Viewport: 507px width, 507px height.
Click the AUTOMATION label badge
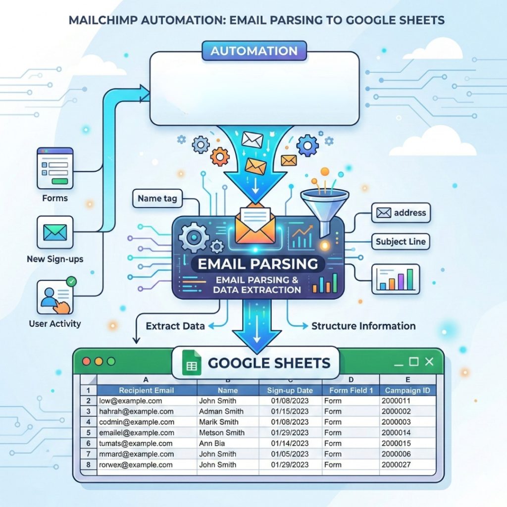[253, 51]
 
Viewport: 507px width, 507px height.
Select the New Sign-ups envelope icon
[55, 232]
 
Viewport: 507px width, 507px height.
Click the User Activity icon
[55, 297]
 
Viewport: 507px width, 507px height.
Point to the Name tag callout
[156, 199]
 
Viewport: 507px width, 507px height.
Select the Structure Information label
[363, 326]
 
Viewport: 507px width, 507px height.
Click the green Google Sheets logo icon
[191, 363]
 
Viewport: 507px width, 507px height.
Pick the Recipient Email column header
[147, 390]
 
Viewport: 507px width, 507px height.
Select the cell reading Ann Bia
[212, 444]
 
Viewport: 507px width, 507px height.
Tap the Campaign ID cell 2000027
[397, 465]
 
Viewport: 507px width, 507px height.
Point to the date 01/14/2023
[290, 444]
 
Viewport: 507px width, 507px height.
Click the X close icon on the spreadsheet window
[429, 362]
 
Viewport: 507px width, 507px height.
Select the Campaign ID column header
[407, 390]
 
